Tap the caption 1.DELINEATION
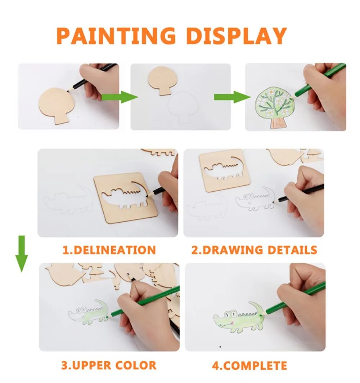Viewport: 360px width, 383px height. [x=109, y=250]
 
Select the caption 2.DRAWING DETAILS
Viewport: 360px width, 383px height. [x=254, y=250]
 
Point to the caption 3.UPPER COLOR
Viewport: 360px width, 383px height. [x=109, y=365]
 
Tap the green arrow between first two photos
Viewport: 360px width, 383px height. [x=120, y=97]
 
